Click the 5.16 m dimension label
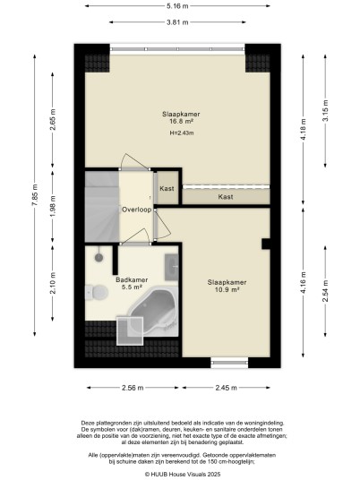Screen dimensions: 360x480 click(177, 5)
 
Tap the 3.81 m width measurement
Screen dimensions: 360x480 click(177, 22)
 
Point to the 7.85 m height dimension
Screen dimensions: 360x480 click(35, 195)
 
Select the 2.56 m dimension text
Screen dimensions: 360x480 click(133, 388)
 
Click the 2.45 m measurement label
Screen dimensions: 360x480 click(227, 388)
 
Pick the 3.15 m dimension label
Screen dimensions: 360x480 click(325, 111)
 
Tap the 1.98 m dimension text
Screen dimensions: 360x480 click(53, 206)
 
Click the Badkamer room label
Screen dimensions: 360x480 click(132, 279)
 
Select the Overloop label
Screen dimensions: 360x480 click(136, 210)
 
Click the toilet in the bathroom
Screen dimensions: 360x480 click(97, 292)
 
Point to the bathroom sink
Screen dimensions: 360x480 click(172, 267)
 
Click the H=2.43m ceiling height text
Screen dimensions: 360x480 click(182, 133)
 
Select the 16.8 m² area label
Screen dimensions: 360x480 click(181, 121)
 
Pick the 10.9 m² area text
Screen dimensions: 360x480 click(227, 289)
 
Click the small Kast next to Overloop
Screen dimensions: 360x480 click(167, 189)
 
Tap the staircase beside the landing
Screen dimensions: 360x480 click(101, 207)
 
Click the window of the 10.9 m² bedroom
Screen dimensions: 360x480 click(229, 363)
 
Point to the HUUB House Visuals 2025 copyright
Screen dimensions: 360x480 click(183, 475)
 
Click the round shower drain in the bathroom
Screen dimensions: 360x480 click(99, 257)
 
